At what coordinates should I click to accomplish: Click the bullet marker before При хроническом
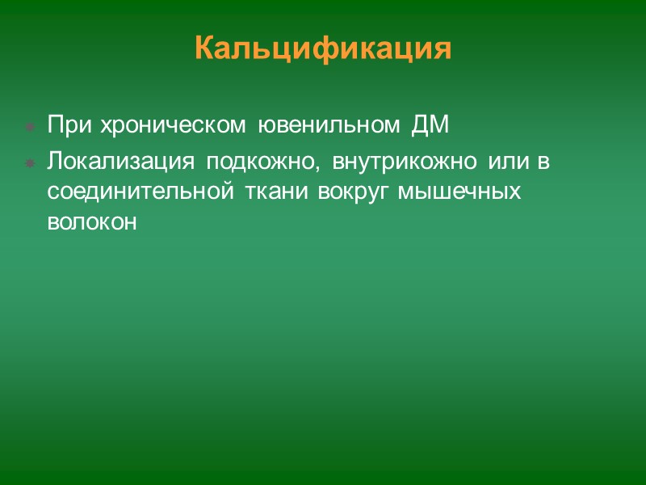pos(29,128)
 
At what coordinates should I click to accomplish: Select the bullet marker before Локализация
pos(29,162)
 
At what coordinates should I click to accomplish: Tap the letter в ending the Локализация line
pos(544,162)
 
